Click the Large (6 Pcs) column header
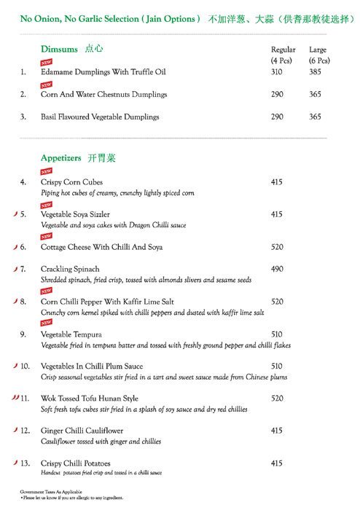coord(318,53)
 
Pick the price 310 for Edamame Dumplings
coord(277,72)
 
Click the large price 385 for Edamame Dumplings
coord(315,72)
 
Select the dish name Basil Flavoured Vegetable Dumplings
coord(100,117)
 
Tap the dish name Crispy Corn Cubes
coord(71,181)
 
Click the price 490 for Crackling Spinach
coord(277,269)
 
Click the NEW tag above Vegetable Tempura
coord(47,322)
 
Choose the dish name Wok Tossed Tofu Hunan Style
coord(90,399)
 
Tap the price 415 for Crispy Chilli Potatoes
coord(277,463)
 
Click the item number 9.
coord(23,334)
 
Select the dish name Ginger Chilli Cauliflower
coord(85,431)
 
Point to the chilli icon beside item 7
coord(15,269)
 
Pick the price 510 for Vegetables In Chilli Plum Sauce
coord(277,366)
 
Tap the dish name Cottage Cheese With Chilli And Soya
coord(101,247)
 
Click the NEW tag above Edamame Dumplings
coord(47,62)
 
